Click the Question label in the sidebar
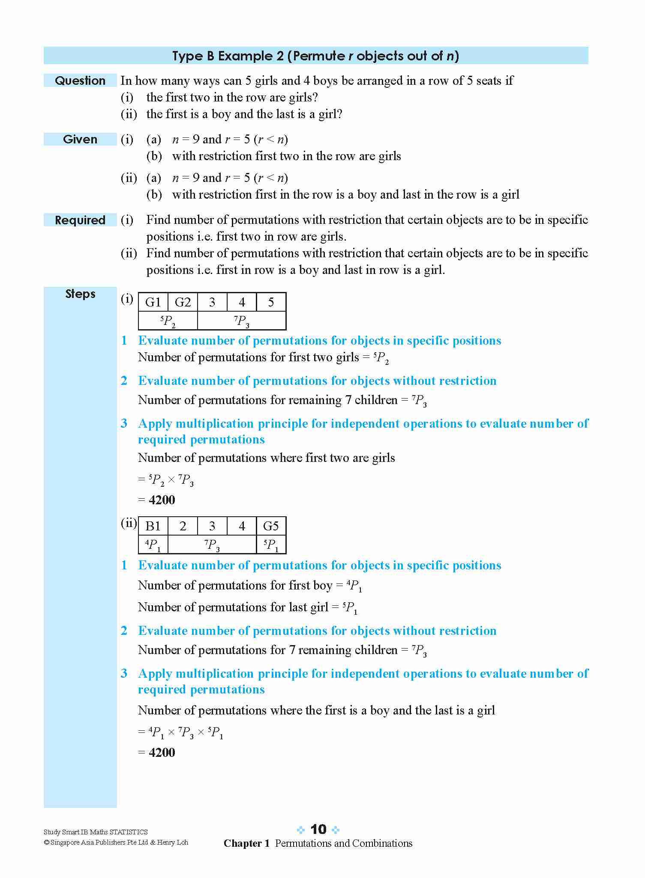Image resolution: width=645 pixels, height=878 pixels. (80, 80)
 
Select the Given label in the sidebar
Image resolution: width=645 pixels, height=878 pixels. (80, 139)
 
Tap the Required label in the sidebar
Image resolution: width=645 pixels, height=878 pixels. (80, 220)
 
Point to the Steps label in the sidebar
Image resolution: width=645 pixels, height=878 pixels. (80, 294)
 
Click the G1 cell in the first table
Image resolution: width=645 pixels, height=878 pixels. (153, 302)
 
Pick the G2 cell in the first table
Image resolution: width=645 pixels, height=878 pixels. (183, 302)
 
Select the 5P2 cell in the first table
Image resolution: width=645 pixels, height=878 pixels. (168, 321)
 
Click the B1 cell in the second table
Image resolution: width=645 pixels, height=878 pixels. (153, 526)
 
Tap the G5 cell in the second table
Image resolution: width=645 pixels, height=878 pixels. (271, 526)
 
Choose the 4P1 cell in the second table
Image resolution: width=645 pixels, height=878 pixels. (153, 545)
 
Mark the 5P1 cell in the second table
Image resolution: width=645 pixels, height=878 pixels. (271, 545)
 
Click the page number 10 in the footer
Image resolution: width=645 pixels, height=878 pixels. (318, 829)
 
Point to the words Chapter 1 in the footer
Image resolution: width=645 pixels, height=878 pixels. (246, 843)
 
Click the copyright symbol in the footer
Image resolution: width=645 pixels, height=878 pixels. (46, 842)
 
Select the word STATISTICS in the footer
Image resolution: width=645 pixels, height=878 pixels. (129, 832)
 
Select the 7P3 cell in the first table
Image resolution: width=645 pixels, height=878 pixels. (242, 321)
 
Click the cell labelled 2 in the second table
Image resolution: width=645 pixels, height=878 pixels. (183, 526)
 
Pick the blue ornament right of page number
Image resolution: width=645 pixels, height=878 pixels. (336, 830)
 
